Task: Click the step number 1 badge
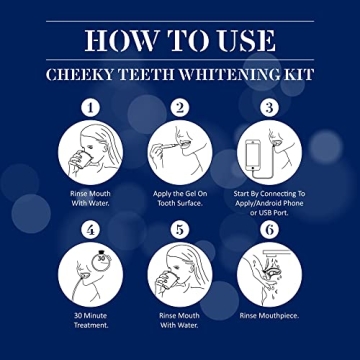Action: point(89,106)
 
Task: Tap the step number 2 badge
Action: point(180,106)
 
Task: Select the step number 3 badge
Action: point(269,106)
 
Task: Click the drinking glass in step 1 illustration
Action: point(77,160)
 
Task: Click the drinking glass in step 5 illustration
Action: point(167,283)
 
